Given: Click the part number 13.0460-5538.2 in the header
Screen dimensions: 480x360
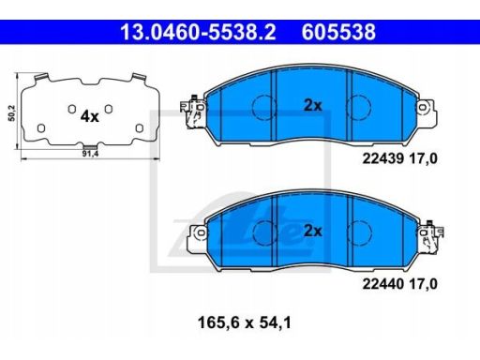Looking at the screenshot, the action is coord(198,32).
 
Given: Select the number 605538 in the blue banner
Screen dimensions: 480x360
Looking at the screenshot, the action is coord(338,32).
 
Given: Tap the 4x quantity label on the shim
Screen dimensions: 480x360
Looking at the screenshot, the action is coord(90,116).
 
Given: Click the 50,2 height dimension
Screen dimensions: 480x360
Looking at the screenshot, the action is coord(12,113).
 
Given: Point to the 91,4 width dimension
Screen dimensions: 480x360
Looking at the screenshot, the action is coord(90,154).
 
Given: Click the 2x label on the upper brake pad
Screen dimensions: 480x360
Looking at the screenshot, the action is coord(313,106).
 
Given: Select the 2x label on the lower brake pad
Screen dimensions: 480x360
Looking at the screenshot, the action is coord(313,232).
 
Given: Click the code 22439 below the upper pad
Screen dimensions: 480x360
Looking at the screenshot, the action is coord(383,159).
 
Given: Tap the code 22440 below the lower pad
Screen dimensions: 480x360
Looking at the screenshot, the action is coord(383,284).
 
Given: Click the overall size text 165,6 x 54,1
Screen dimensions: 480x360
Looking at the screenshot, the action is coord(245,322).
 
